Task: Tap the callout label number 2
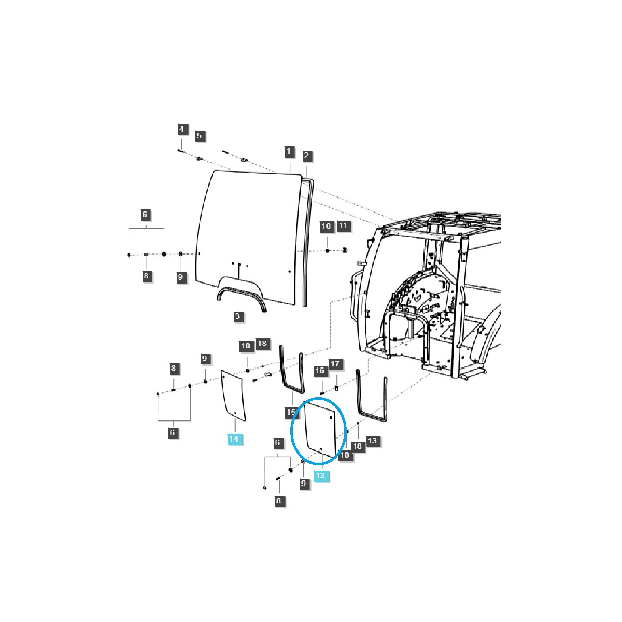pyautogui.click(x=306, y=155)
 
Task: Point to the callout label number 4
pyautogui.click(x=182, y=129)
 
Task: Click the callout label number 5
pyautogui.click(x=200, y=136)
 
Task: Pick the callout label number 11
pyautogui.click(x=344, y=226)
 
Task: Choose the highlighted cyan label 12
pyautogui.click(x=321, y=475)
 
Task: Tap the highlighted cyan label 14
pyautogui.click(x=234, y=439)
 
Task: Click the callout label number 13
pyautogui.click(x=374, y=441)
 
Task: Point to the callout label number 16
pyautogui.click(x=320, y=371)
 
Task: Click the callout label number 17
pyautogui.click(x=335, y=364)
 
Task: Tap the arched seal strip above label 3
pyautogui.click(x=242, y=295)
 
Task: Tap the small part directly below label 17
pyautogui.click(x=335, y=388)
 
